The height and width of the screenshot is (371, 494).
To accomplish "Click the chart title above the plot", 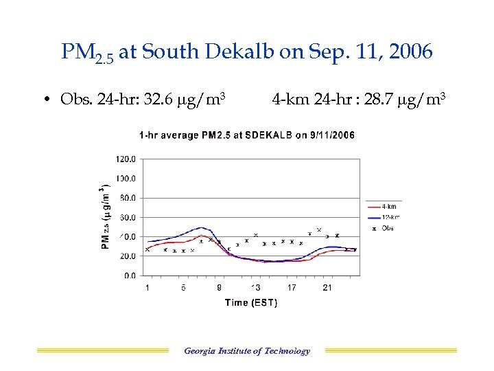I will pos(246,135).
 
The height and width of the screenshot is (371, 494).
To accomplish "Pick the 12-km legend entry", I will pos(390,217).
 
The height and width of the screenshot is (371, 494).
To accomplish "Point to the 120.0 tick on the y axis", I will pos(126,159).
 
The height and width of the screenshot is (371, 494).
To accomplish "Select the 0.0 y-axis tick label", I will pos(129,276).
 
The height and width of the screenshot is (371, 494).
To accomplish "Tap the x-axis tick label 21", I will pos(327,287).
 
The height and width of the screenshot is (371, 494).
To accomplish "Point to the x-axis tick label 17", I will pos(292,287).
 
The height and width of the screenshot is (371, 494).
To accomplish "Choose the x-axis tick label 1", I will pos(148,287).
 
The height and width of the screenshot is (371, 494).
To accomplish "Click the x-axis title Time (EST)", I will pos(251,303).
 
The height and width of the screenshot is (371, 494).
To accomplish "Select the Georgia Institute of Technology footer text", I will pos(247,351).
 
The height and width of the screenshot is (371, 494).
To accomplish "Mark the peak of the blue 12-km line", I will pos(202,227).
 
